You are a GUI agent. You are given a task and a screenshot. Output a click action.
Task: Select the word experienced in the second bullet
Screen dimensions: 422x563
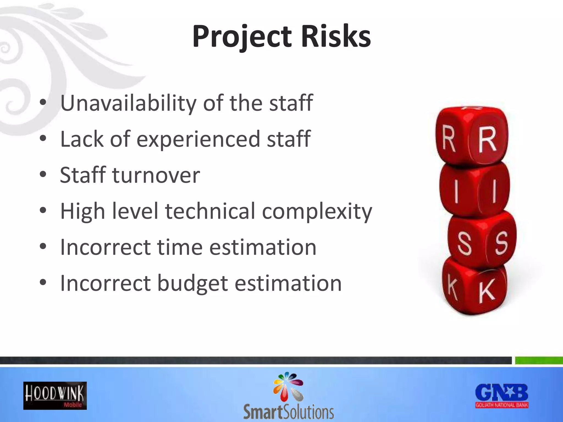(198, 139)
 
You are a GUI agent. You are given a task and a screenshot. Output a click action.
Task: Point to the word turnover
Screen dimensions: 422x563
(156, 175)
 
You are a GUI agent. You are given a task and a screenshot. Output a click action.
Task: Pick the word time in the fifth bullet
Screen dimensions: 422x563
(180, 247)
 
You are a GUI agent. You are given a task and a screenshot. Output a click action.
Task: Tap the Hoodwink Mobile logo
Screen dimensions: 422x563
(55, 396)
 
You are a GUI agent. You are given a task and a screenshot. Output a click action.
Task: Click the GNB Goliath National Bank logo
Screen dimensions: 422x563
(502, 396)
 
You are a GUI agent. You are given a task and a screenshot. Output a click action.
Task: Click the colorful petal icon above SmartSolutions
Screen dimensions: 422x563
(288, 386)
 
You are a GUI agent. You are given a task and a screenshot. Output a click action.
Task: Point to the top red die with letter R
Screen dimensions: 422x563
(472, 136)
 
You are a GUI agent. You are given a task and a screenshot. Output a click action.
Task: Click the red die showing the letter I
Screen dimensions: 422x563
(474, 190)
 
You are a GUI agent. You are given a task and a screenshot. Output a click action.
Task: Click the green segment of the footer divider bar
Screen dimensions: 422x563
(539, 360)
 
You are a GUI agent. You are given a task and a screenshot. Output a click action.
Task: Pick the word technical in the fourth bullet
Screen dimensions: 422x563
(210, 211)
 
